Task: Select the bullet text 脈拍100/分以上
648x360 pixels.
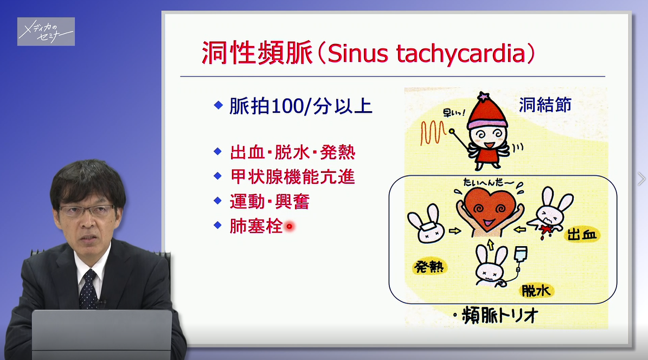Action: pos(301,106)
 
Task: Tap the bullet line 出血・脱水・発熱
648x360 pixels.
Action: pos(293,152)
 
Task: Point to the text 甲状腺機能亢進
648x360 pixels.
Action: pos(293,177)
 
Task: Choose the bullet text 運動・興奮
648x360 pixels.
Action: pos(270,202)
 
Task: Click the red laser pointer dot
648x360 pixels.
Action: pos(289,227)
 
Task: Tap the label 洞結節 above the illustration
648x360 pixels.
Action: pos(544,105)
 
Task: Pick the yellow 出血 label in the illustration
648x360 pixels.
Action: pos(583,235)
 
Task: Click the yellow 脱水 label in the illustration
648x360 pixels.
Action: pos(536,292)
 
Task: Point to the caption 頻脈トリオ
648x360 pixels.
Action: pos(499,315)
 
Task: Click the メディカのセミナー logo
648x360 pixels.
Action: pos(46,31)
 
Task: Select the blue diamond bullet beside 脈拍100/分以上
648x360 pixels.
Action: pos(218,105)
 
